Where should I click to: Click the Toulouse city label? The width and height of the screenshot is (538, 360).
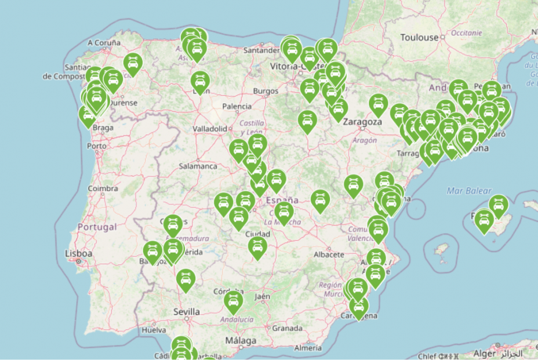419,38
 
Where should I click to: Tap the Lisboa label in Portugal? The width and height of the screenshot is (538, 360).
79,253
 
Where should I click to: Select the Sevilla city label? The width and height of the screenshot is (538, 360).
187,312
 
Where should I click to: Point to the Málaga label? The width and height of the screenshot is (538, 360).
239,340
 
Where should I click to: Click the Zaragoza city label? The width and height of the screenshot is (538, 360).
362,122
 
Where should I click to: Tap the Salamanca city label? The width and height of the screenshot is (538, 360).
198,166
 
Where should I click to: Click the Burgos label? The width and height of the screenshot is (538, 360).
266,91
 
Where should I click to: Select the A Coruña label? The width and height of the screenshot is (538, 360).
104,43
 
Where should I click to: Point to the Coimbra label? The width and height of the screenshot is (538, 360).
103,189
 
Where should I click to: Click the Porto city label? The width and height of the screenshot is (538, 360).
96,146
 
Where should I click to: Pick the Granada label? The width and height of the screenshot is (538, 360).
287,328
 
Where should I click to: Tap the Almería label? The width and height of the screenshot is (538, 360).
307,348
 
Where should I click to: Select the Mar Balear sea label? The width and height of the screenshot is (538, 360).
469,191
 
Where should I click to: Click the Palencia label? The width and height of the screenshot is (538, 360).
237,106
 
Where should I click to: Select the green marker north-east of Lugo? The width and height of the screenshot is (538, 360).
133,63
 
